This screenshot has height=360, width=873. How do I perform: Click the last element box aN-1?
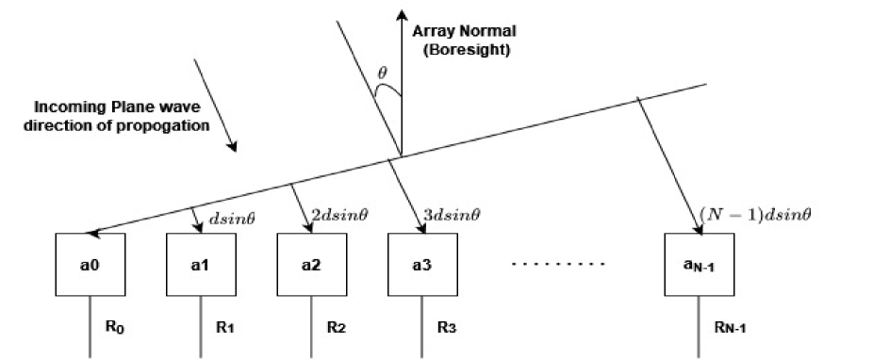699,267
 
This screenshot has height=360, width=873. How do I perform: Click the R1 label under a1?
223,328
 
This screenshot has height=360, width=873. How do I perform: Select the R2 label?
336,328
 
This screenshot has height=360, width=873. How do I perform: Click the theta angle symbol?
381,71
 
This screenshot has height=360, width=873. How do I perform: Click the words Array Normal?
461,31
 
